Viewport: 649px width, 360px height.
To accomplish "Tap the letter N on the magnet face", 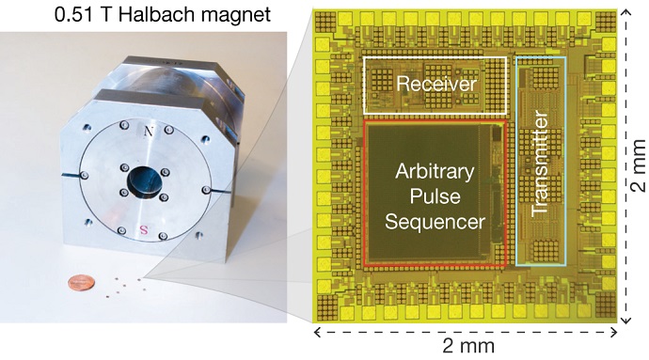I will [x=150, y=133].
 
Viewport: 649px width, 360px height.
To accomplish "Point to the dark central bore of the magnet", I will [x=145, y=180].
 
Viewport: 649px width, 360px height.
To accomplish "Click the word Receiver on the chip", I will [x=435, y=85].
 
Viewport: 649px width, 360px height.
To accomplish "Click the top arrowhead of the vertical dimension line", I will [x=625, y=9].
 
